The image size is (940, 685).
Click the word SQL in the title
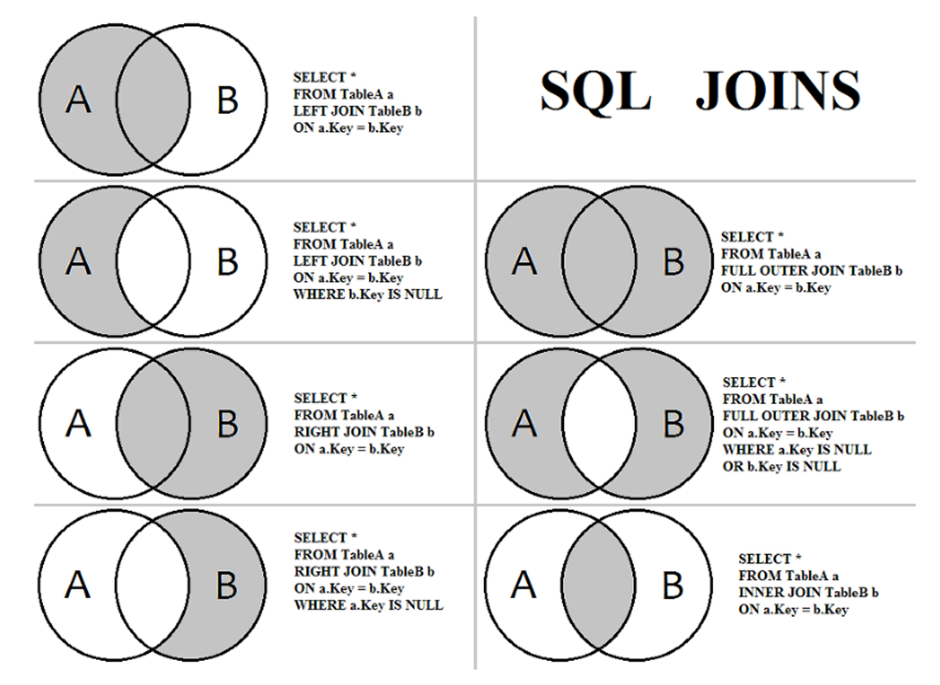click(x=595, y=90)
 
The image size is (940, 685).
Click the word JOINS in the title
click(x=778, y=90)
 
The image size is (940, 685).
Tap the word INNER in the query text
click(x=761, y=593)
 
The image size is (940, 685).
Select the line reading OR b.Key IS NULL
click(x=781, y=467)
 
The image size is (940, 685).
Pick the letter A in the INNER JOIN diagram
click(x=523, y=586)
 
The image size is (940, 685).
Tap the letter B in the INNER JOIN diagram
click(x=673, y=586)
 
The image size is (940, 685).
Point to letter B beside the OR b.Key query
click(x=674, y=424)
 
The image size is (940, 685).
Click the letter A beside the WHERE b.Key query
click(x=78, y=261)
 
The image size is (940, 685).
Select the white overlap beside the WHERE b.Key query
click(x=153, y=261)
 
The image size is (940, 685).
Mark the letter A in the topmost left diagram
click(x=78, y=100)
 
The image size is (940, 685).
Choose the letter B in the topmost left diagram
click(x=227, y=100)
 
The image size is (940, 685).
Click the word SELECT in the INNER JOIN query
click(x=764, y=559)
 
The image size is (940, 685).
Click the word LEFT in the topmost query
click(x=309, y=112)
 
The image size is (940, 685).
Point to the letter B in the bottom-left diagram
click(x=227, y=586)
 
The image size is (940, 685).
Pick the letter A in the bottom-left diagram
click(x=78, y=586)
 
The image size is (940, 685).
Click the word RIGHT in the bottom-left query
click(x=312, y=571)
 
